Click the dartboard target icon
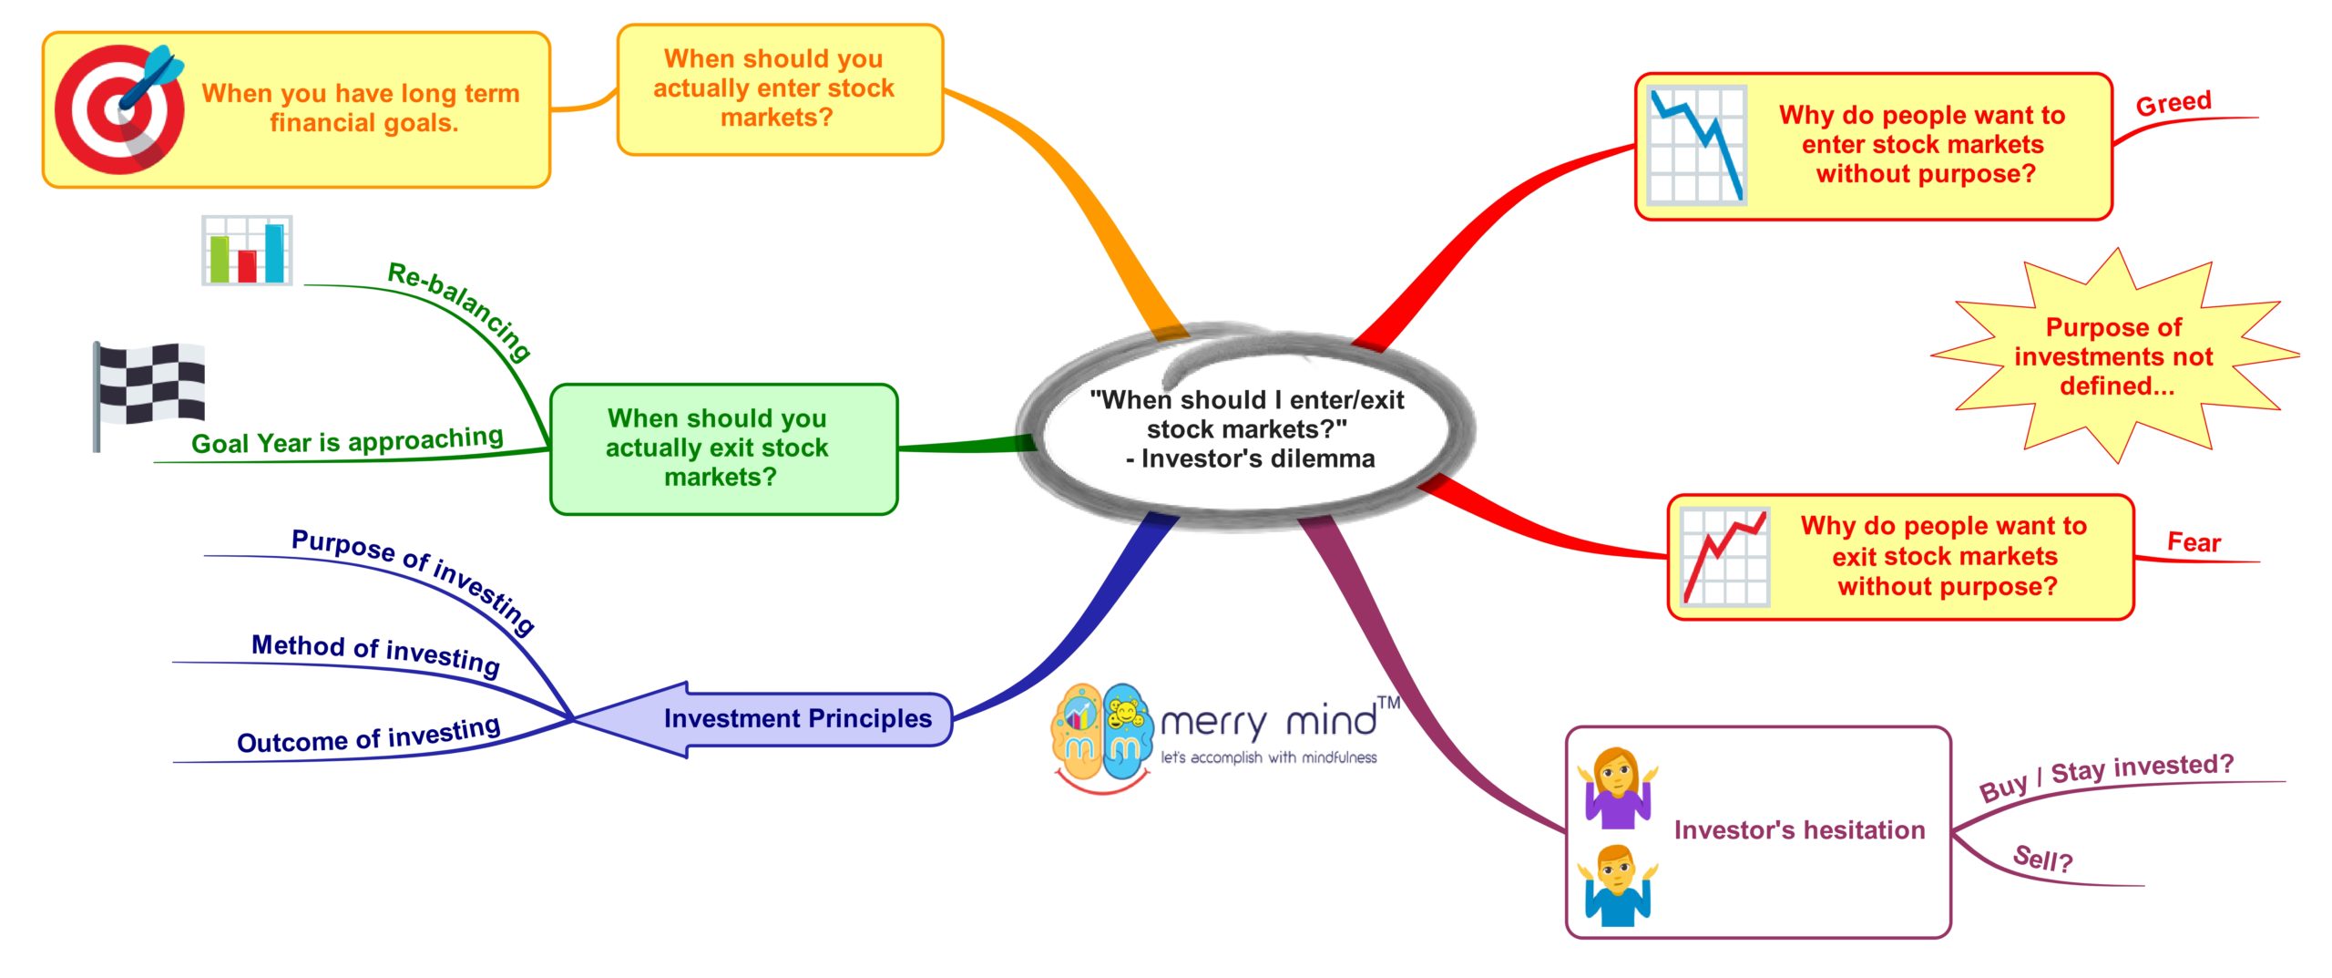tap(118, 109)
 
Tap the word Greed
tap(2173, 103)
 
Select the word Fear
tap(2194, 543)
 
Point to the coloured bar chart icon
tap(246, 251)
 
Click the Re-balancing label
tap(460, 309)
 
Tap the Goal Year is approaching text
tap(347, 441)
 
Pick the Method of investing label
tap(375, 653)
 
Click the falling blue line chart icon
tap(1697, 144)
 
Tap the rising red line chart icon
tap(1723, 557)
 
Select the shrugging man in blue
tap(1617, 885)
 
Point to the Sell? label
tap(2042, 860)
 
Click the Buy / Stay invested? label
tap(2106, 776)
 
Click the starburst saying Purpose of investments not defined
tap(2113, 356)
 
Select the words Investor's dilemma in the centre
tap(1258, 458)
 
